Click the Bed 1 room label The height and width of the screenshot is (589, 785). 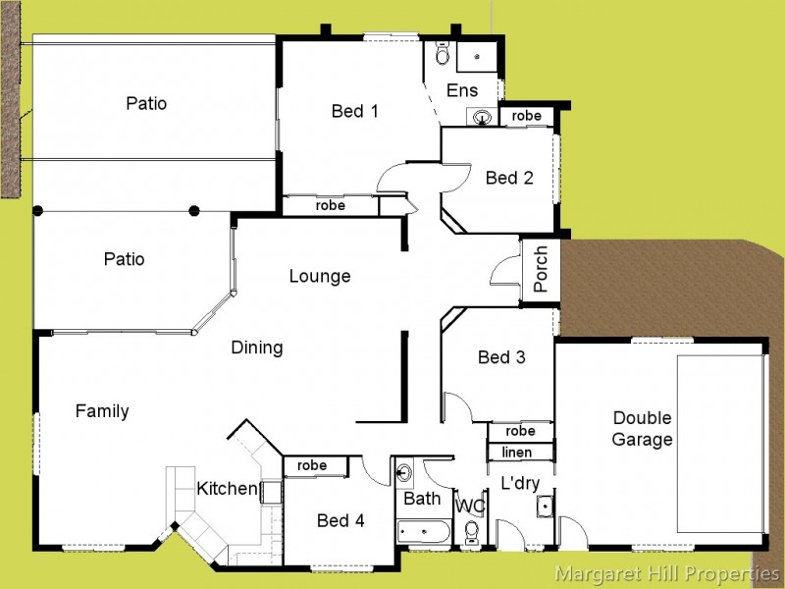pyautogui.click(x=354, y=111)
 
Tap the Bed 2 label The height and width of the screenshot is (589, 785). pyautogui.click(x=509, y=178)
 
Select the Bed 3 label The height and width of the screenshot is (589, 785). pyautogui.click(x=501, y=357)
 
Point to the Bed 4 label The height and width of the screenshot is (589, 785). pyautogui.click(x=340, y=520)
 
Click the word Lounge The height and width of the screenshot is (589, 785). pyautogui.click(x=320, y=277)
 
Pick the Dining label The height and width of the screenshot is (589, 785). pyautogui.click(x=257, y=348)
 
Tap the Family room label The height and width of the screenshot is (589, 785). pyautogui.click(x=102, y=411)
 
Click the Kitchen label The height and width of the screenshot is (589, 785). pyautogui.click(x=227, y=489)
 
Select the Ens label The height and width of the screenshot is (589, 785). pyautogui.click(x=462, y=90)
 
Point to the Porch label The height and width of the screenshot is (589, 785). pyautogui.click(x=541, y=269)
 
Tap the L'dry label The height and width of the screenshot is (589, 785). pyautogui.click(x=520, y=484)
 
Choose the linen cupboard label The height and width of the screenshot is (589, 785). pyautogui.click(x=517, y=453)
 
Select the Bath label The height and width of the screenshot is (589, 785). pyautogui.click(x=423, y=499)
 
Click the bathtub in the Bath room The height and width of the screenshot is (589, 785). pyautogui.click(x=424, y=533)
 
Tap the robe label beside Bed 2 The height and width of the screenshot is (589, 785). pyautogui.click(x=527, y=116)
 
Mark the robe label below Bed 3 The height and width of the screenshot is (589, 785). pyautogui.click(x=520, y=431)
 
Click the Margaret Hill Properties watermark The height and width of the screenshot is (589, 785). pyautogui.click(x=667, y=573)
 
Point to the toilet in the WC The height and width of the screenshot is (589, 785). pyautogui.click(x=471, y=532)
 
